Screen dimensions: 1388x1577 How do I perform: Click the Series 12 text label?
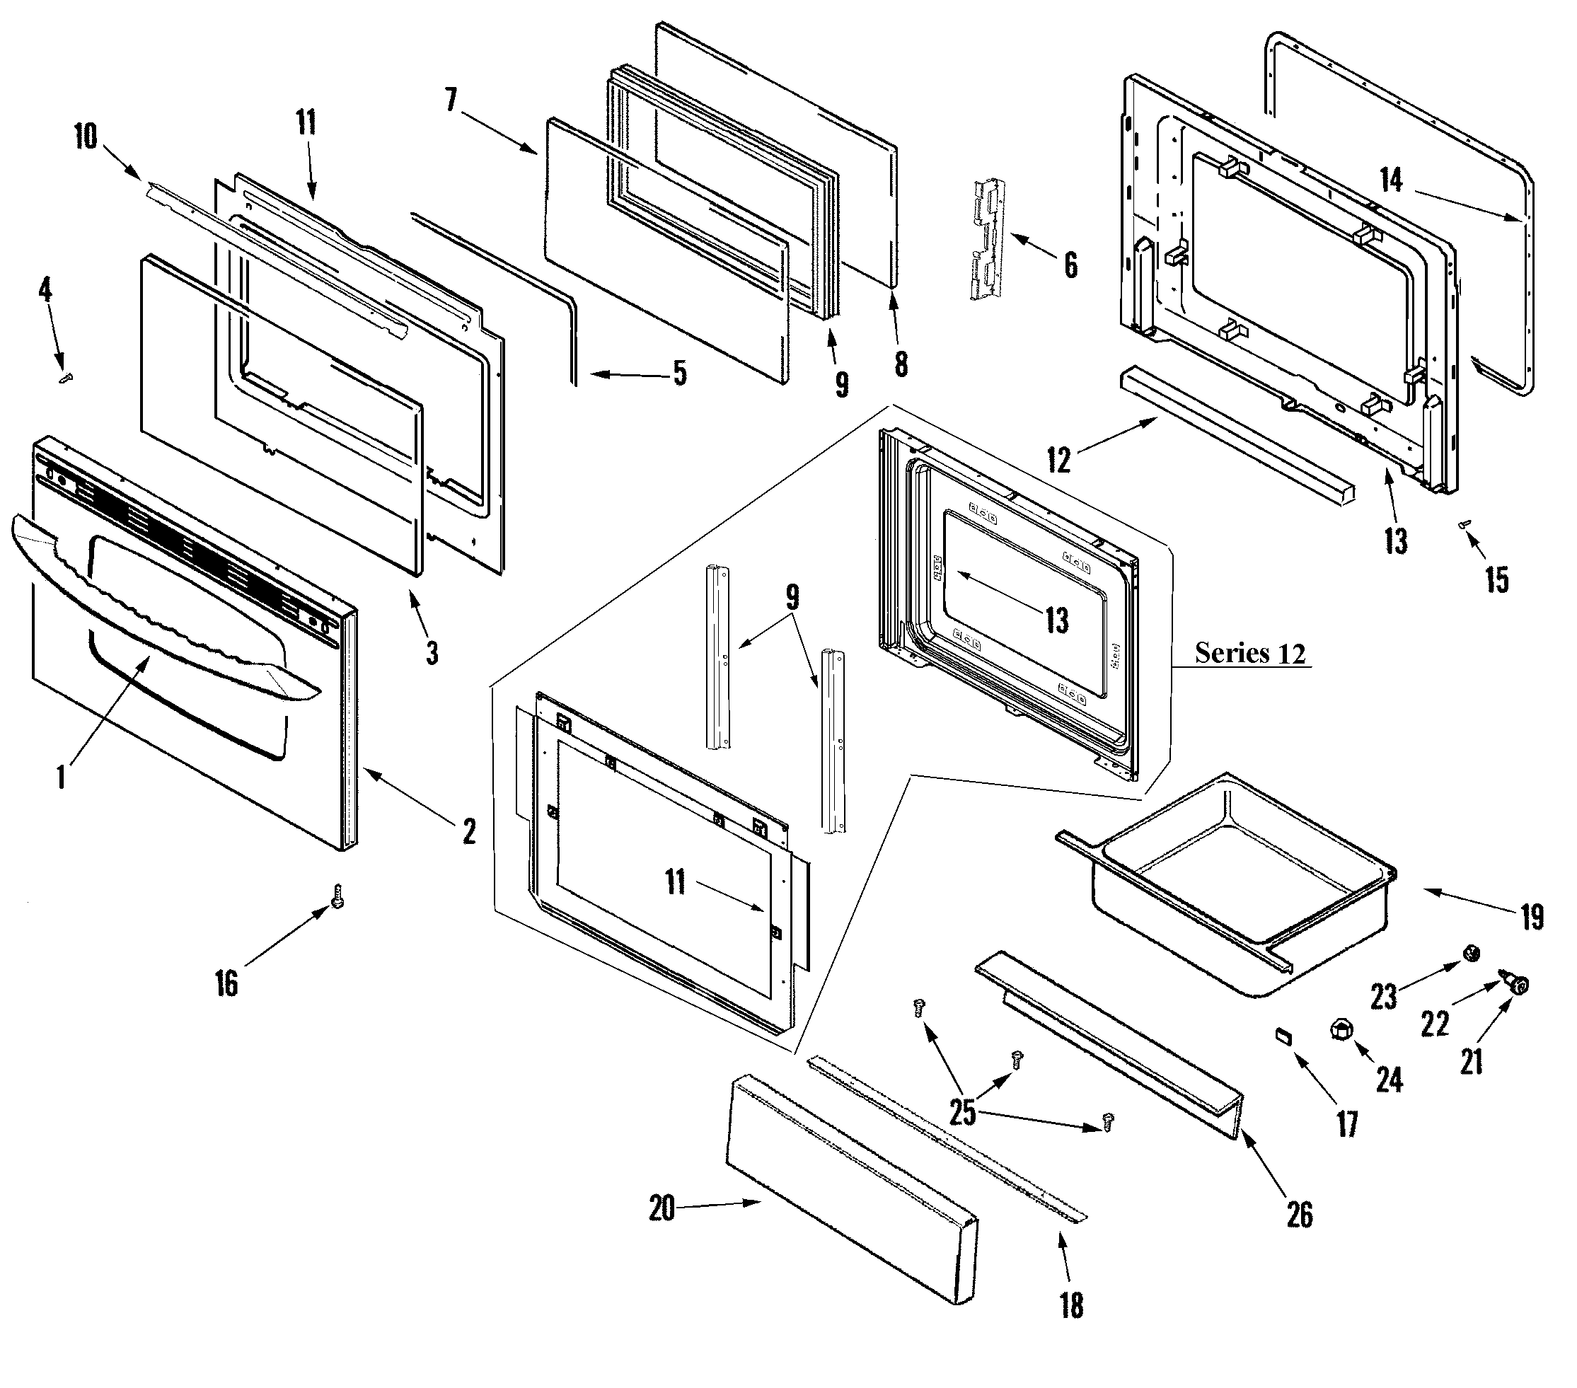[1250, 653]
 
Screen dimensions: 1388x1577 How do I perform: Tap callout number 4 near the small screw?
[45, 290]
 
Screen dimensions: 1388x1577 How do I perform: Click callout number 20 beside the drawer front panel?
[662, 1208]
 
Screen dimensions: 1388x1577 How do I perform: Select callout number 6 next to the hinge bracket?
[1070, 265]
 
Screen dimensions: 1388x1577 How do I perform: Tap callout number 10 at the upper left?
[86, 137]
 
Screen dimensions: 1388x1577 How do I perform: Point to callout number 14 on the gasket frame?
[1390, 180]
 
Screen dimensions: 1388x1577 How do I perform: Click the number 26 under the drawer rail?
[1299, 1215]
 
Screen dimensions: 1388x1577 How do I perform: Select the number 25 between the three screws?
[962, 1113]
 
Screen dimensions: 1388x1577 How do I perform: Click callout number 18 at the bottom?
[1071, 1305]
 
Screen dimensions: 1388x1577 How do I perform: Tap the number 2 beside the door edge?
[468, 831]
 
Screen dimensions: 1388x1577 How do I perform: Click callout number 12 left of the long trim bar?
[1058, 461]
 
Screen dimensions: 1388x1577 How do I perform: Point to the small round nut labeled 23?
[1472, 954]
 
